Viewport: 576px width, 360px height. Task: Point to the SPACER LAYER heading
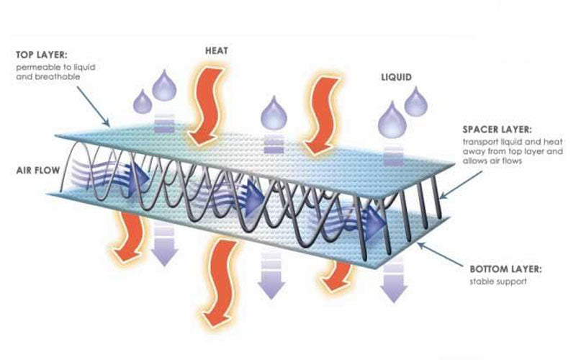pyautogui.click(x=501, y=131)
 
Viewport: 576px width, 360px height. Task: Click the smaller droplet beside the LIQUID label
pyautogui.click(x=416, y=102)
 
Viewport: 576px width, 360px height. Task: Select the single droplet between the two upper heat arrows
pyautogui.click(x=274, y=112)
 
